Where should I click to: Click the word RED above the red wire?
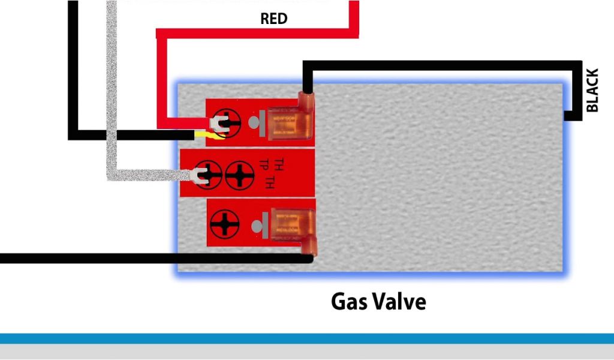273,19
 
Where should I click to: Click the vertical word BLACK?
592,90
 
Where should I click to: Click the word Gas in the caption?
351,301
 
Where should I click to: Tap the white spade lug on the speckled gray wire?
197,175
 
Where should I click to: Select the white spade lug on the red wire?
216,124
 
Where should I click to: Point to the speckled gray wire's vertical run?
112,90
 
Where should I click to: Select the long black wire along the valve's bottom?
150,259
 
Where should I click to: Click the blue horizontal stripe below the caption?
307,338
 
